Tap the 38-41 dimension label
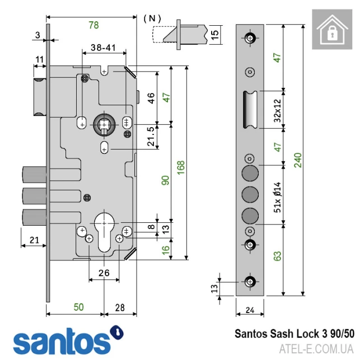pos(104,48)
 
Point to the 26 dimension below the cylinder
pos(104,274)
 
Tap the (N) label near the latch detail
pos(152,18)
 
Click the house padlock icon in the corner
pos(335,29)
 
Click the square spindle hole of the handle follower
pos(104,124)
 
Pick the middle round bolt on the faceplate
pos(250,194)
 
